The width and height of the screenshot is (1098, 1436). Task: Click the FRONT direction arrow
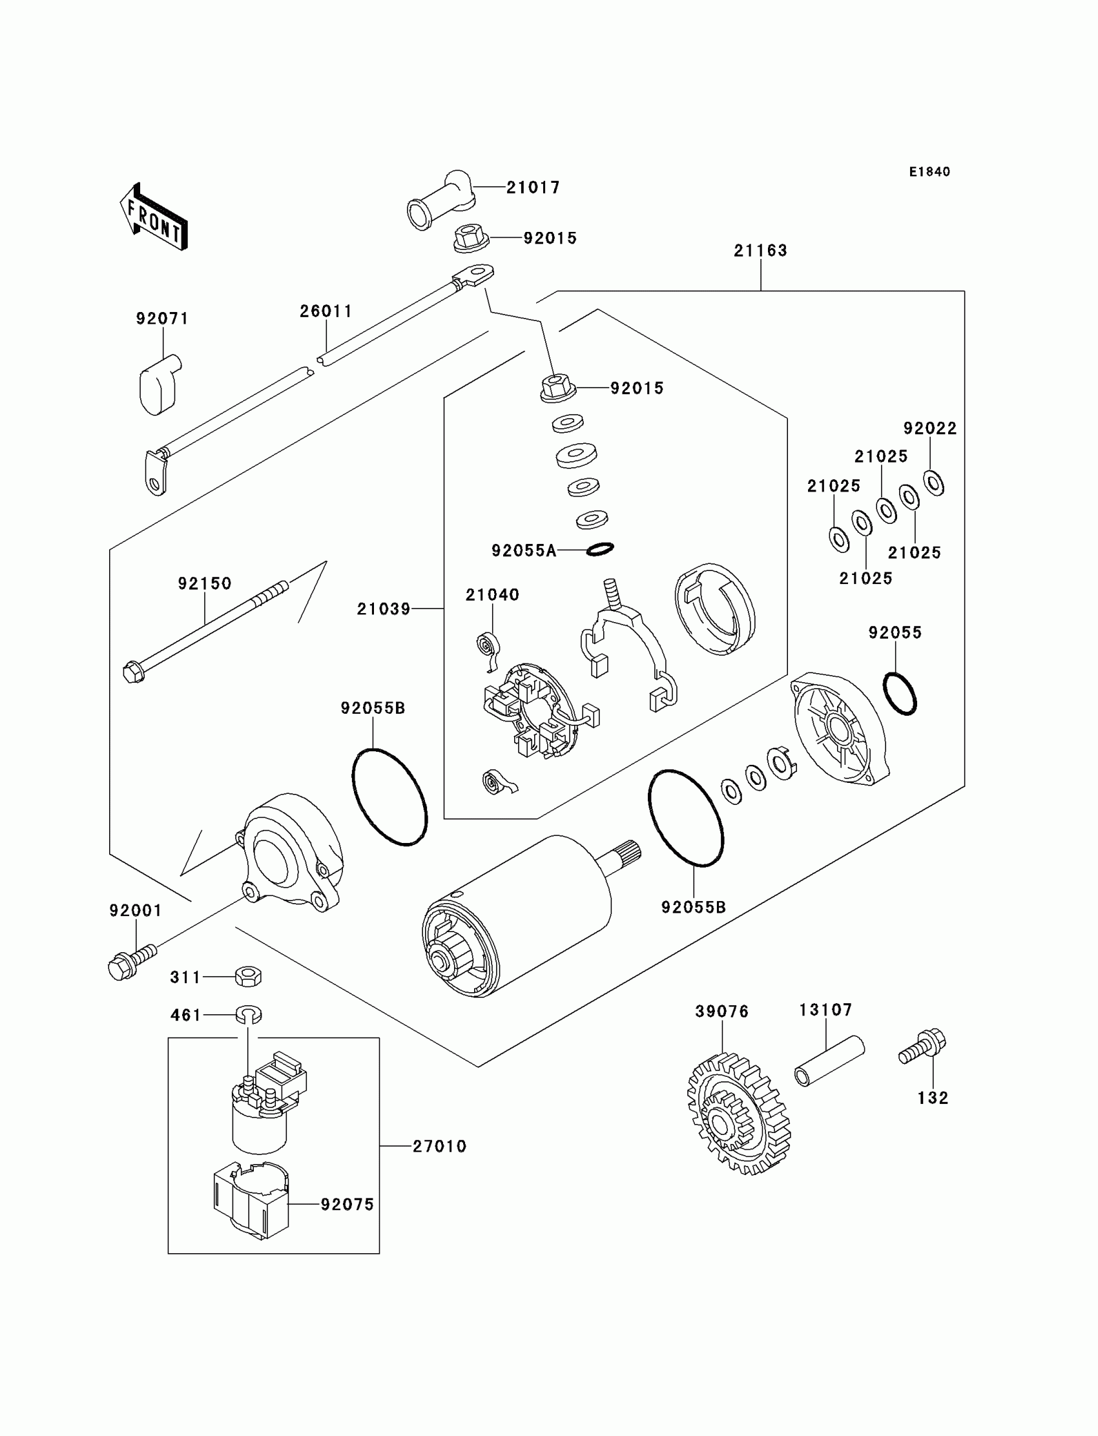(x=154, y=217)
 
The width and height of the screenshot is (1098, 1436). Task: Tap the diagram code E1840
(x=929, y=172)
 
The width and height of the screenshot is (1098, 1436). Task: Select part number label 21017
(x=533, y=187)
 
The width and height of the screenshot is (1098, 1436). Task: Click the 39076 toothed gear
(x=738, y=1121)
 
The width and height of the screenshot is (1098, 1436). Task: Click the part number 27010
(x=439, y=1146)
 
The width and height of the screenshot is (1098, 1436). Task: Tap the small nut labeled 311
(x=249, y=977)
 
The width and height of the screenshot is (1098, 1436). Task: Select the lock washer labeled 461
(x=249, y=1014)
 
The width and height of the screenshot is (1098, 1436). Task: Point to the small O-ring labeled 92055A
(x=600, y=549)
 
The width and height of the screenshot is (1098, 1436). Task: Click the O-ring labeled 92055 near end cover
(x=899, y=694)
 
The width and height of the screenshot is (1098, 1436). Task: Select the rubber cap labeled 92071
(x=159, y=385)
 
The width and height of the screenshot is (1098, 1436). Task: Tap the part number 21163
(x=761, y=251)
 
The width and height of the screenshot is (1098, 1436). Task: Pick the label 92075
(x=347, y=1204)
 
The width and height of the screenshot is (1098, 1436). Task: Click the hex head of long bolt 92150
(x=134, y=672)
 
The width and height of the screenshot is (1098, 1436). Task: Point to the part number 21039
(x=384, y=609)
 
